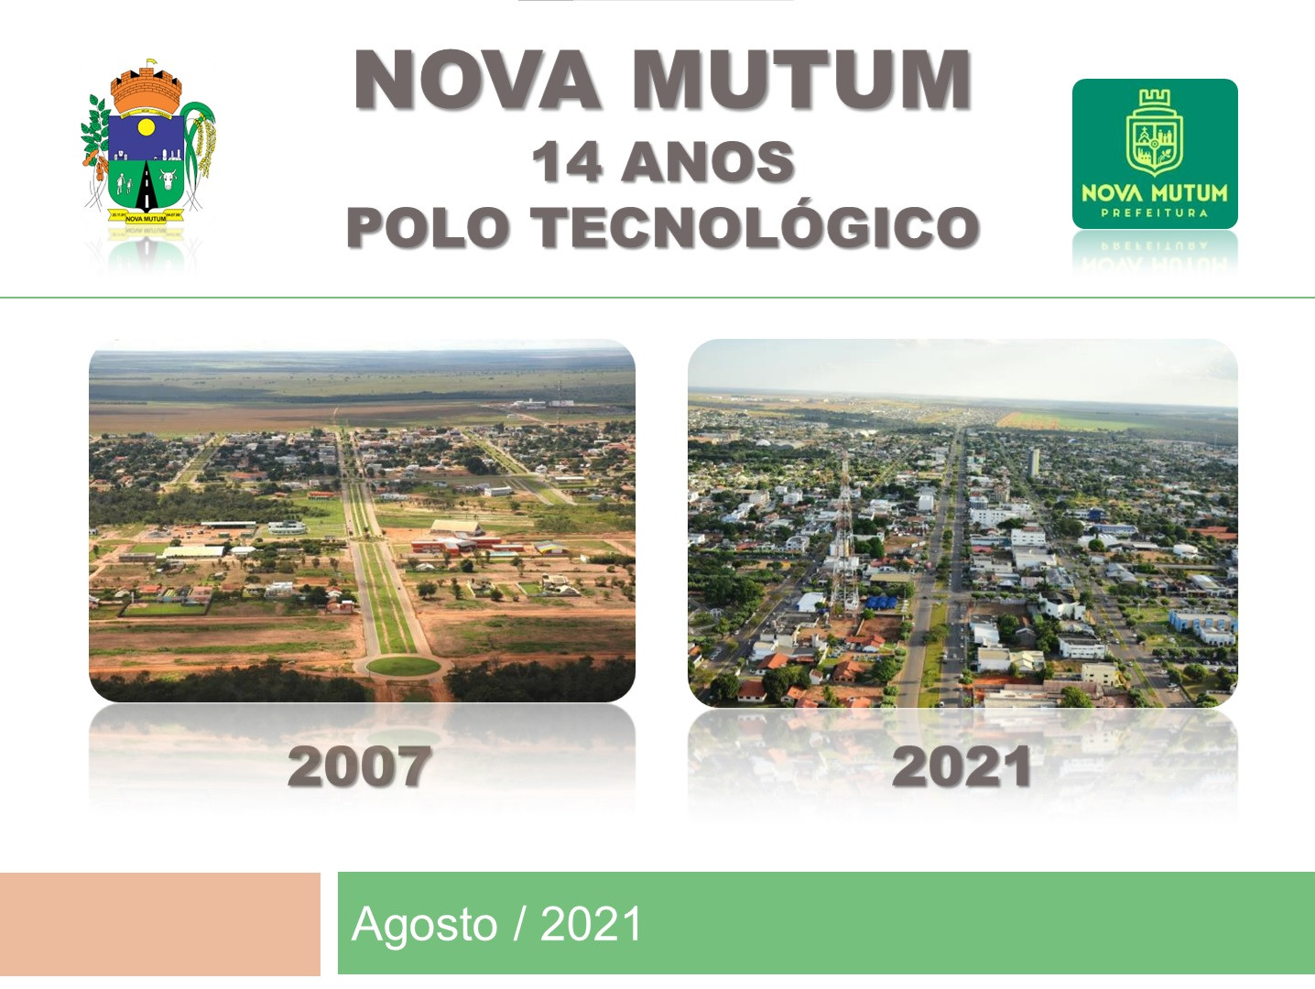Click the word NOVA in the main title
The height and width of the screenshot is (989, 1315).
(x=477, y=80)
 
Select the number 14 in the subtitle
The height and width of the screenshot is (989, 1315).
(x=567, y=162)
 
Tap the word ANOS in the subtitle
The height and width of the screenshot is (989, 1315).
(x=708, y=162)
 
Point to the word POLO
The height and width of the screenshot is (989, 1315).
(x=429, y=227)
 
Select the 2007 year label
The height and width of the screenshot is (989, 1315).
(x=360, y=766)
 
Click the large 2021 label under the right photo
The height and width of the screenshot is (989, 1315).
(x=961, y=766)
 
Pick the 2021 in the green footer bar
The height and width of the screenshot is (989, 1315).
(x=591, y=924)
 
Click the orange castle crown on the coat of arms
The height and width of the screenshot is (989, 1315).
(x=147, y=89)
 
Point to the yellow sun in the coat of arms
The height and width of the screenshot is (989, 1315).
(x=147, y=127)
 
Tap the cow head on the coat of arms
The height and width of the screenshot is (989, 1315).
(x=168, y=179)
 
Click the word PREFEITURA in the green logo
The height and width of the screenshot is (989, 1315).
(x=1155, y=212)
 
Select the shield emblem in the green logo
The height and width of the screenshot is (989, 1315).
(x=1155, y=133)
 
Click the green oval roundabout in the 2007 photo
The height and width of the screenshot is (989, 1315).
(x=403, y=666)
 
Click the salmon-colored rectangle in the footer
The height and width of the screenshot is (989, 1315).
(x=160, y=924)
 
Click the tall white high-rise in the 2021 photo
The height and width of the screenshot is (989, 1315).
(x=1034, y=462)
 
